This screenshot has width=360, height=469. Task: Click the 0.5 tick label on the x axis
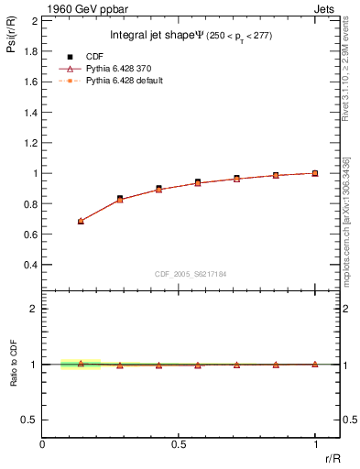tap(179, 444)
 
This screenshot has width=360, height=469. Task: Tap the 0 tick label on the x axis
tap(42, 444)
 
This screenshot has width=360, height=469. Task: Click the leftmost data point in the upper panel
tap(81, 221)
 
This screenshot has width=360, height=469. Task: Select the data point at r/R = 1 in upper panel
tap(315, 173)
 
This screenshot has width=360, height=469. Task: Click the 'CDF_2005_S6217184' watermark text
tap(191, 273)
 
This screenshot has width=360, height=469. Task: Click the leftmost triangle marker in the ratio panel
tap(81, 363)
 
